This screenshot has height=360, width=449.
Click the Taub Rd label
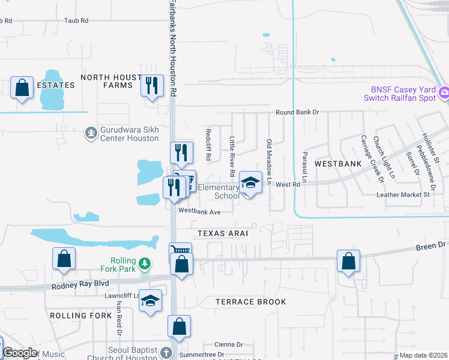coord(76,20)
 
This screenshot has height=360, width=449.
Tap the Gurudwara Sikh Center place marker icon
coord(91,133)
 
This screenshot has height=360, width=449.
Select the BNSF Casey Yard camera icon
coord(444,92)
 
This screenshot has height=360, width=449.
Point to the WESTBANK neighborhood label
coord(338,163)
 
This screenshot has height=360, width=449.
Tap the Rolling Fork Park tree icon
coord(144,263)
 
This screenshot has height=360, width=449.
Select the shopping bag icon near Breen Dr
coord(348,261)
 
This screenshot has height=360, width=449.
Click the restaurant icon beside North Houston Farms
coord(152,85)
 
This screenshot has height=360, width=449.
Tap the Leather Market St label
coord(403,194)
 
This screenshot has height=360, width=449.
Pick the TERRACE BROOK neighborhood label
coord(252,302)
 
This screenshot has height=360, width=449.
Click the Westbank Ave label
coord(199,211)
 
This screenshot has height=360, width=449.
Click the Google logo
coord(20,353)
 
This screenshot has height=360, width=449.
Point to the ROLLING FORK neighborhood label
coord(80,315)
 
